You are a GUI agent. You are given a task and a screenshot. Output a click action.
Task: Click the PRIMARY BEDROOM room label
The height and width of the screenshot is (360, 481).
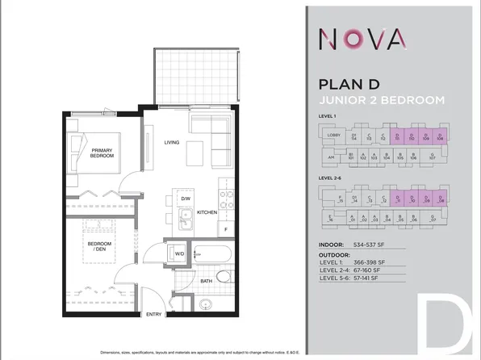(x=102, y=153)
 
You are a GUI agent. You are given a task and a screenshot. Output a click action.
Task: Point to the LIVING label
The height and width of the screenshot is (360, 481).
(x=172, y=143)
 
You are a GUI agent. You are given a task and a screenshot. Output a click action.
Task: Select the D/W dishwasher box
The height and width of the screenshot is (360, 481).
(x=185, y=199)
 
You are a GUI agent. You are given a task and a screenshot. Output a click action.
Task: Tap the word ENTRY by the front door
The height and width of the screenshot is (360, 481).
(x=153, y=314)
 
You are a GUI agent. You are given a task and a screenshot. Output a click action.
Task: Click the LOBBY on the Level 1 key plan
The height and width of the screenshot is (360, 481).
(x=334, y=136)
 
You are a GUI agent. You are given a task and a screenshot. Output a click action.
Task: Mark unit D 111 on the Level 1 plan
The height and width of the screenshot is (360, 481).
(x=396, y=136)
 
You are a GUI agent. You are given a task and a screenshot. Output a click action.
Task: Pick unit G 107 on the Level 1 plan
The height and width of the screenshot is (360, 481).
(x=433, y=157)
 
